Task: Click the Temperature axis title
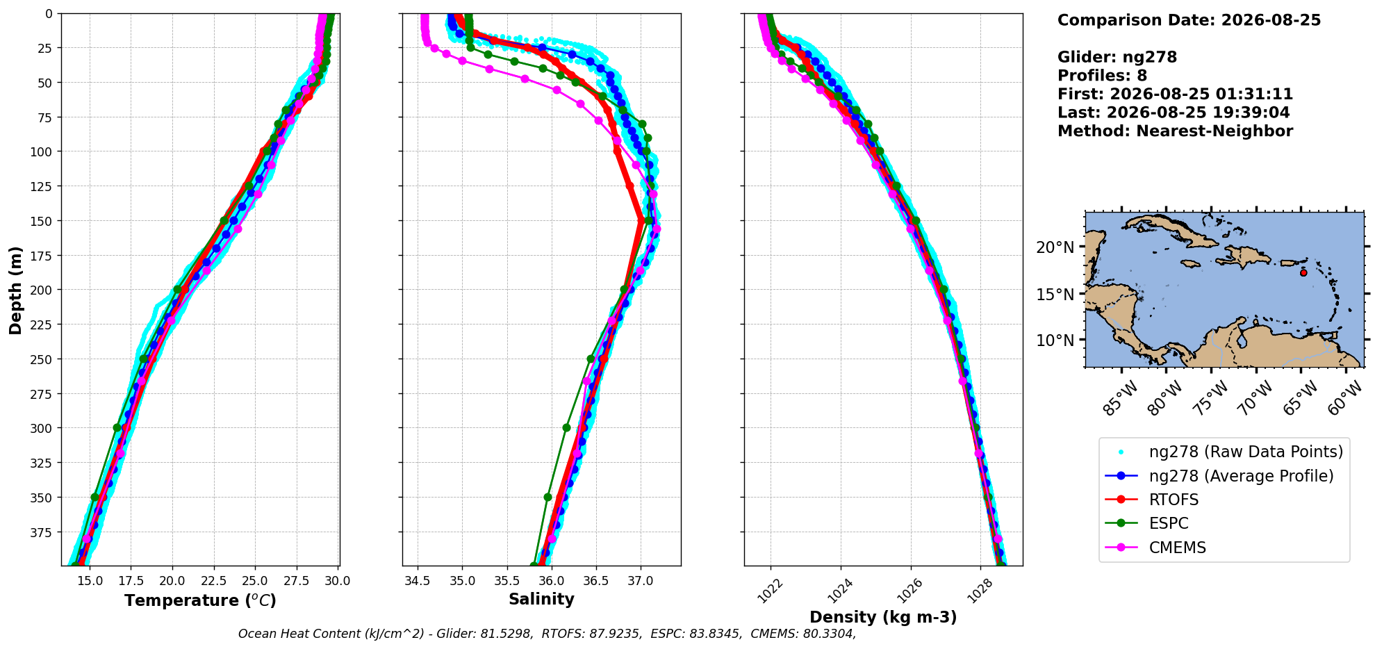pos(200,600)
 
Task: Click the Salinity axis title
pos(541,600)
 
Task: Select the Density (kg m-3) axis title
pos(883,617)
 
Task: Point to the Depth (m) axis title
pos(15,290)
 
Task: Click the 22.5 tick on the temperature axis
pos(213,581)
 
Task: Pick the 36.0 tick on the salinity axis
pos(551,581)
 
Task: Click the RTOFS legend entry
pos(1174,500)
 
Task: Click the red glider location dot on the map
pos(1303,272)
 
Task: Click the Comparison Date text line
pos(1189,20)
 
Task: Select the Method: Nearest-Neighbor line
pos(1175,131)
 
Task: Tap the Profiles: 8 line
pos(1102,76)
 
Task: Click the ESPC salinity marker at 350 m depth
pos(547,497)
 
